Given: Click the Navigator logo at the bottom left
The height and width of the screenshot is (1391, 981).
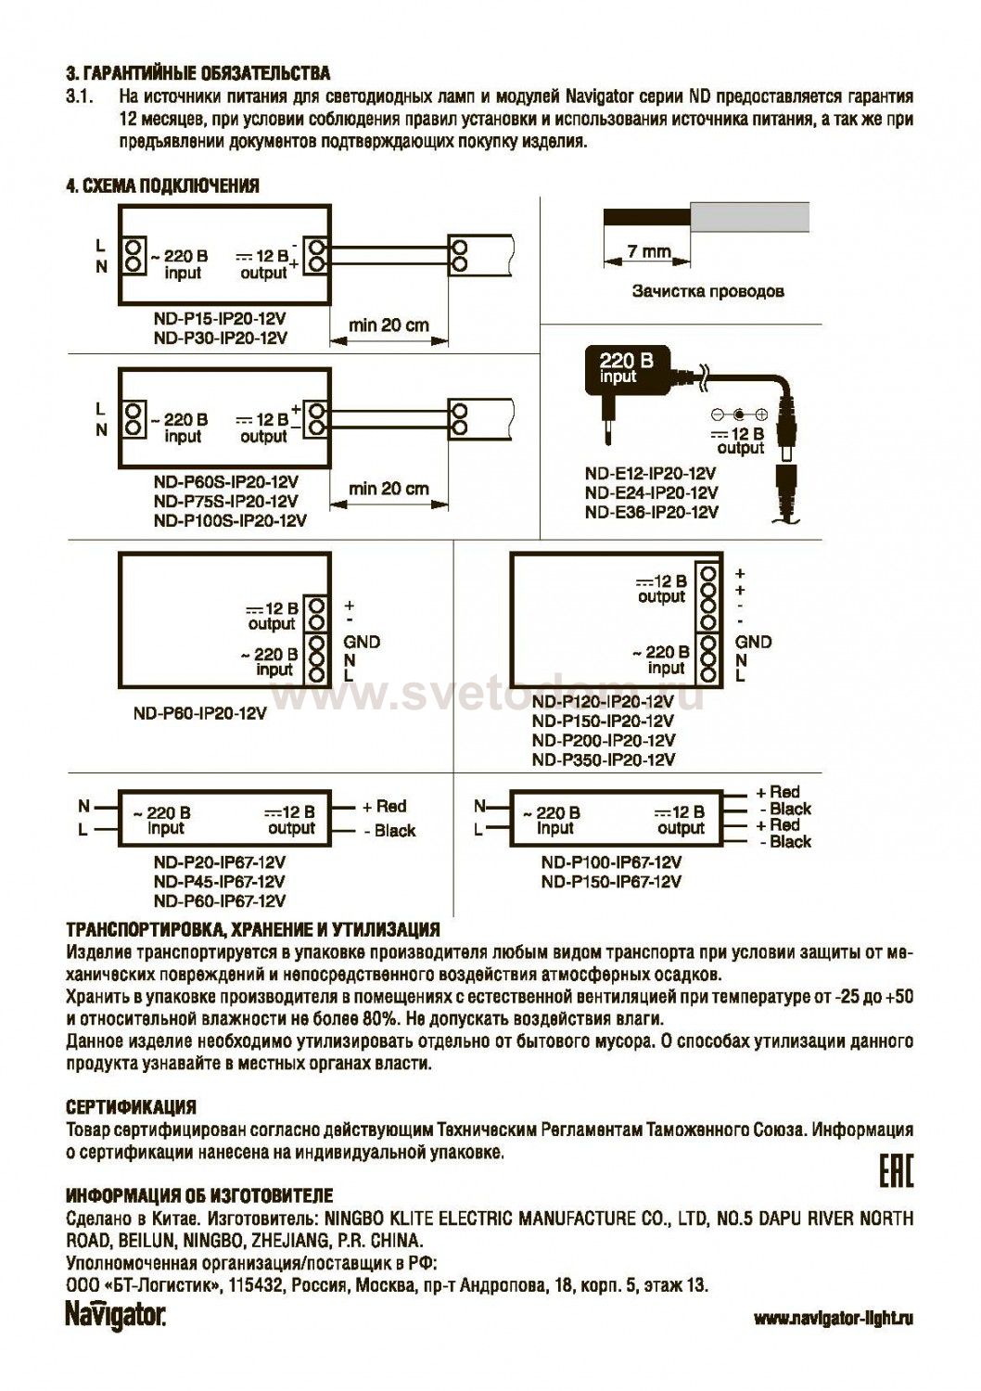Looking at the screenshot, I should (x=115, y=1317).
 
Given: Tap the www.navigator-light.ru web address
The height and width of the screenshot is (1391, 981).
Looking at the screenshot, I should (x=833, y=1319).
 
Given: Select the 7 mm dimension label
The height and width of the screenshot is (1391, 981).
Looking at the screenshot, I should (x=648, y=251).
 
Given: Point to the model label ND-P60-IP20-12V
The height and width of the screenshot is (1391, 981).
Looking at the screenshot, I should (x=198, y=714).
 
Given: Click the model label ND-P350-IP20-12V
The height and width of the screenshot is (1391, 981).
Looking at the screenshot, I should (x=604, y=759).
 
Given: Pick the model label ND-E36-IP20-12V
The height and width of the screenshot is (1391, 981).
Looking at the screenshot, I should (x=651, y=512).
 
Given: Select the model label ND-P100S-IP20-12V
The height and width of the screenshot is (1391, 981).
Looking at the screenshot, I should (x=230, y=520).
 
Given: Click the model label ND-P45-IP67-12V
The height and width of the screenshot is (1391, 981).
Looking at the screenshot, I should (x=220, y=882).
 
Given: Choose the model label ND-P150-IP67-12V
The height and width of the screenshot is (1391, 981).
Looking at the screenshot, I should (x=611, y=882).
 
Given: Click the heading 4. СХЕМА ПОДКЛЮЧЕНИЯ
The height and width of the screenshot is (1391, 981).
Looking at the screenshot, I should (x=162, y=185).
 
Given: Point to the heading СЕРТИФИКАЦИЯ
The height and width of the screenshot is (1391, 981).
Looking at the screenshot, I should (x=131, y=1107).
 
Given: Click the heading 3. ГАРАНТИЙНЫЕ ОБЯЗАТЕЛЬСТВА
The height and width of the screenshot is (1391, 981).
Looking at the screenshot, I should (x=197, y=73).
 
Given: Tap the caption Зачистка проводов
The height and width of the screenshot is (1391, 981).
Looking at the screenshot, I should (x=707, y=291).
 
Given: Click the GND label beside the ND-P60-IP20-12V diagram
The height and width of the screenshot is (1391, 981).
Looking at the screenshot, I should (x=362, y=642).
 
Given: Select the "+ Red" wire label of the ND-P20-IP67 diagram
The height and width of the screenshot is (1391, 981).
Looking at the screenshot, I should (x=384, y=807).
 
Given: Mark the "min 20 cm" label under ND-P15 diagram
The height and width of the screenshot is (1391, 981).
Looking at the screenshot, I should (x=389, y=325).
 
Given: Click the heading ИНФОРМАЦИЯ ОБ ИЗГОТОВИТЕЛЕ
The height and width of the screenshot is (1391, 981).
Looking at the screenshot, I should (x=199, y=1196).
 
